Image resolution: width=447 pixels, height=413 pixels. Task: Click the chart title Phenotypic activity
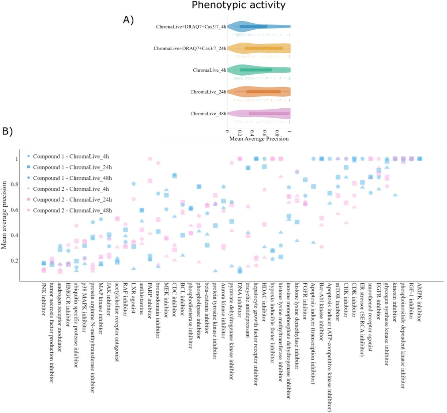[239, 5]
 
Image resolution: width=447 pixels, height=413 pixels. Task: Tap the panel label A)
[128, 20]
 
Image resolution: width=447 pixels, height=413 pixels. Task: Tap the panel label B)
[7, 131]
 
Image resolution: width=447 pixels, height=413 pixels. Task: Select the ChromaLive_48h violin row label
[208, 114]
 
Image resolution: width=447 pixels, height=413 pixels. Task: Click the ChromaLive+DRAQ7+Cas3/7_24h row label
[190, 48]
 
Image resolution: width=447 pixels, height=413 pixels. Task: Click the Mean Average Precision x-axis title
[259, 139]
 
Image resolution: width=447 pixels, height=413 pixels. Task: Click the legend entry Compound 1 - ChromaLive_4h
[71, 156]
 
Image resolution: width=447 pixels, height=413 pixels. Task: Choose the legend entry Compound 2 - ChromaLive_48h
[72, 211]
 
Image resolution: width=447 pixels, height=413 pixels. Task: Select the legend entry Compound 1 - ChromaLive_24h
[72, 167]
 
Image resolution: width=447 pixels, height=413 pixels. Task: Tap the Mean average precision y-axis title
[4, 215]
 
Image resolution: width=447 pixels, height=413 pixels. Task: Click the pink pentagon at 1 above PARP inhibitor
[150, 159]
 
